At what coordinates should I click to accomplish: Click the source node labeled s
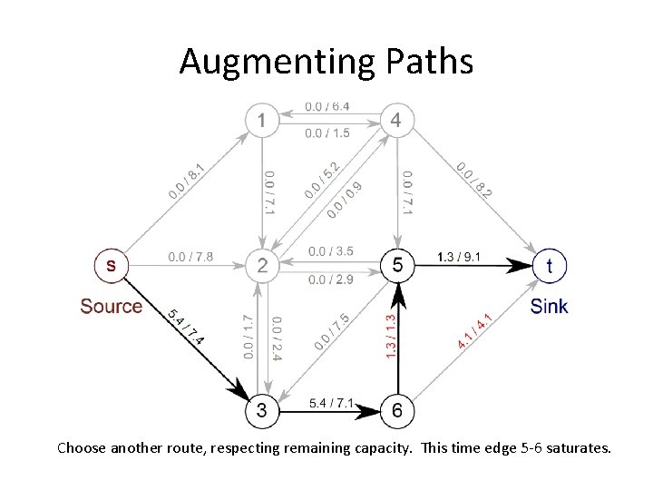[x=112, y=265]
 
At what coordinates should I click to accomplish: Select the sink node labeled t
[x=550, y=265]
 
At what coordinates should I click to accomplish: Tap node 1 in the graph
[x=262, y=119]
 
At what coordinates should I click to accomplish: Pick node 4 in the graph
[x=395, y=119]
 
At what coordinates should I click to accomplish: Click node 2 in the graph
[x=262, y=265]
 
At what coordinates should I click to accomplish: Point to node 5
[x=395, y=265]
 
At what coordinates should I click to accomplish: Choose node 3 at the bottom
[x=262, y=410]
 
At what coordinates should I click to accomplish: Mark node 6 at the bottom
[x=396, y=410]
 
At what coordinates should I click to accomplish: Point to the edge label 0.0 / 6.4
[x=328, y=107]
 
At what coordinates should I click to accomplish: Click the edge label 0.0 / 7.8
[x=190, y=257]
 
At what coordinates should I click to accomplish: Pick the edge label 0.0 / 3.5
[x=331, y=250]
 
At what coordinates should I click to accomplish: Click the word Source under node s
[x=111, y=306]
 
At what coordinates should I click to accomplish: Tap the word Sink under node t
[x=550, y=306]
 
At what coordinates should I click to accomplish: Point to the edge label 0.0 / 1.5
[x=328, y=134]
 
